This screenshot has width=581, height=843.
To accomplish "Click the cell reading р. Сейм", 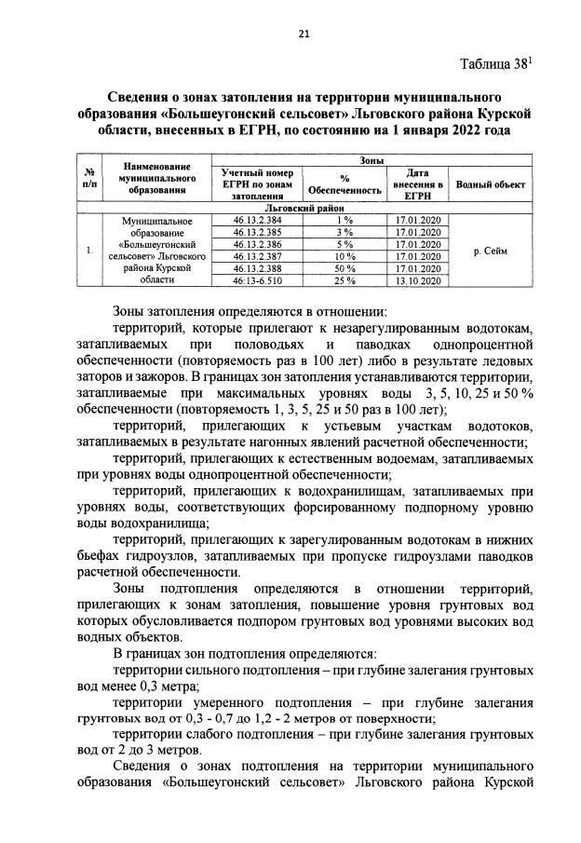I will [x=490, y=250].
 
